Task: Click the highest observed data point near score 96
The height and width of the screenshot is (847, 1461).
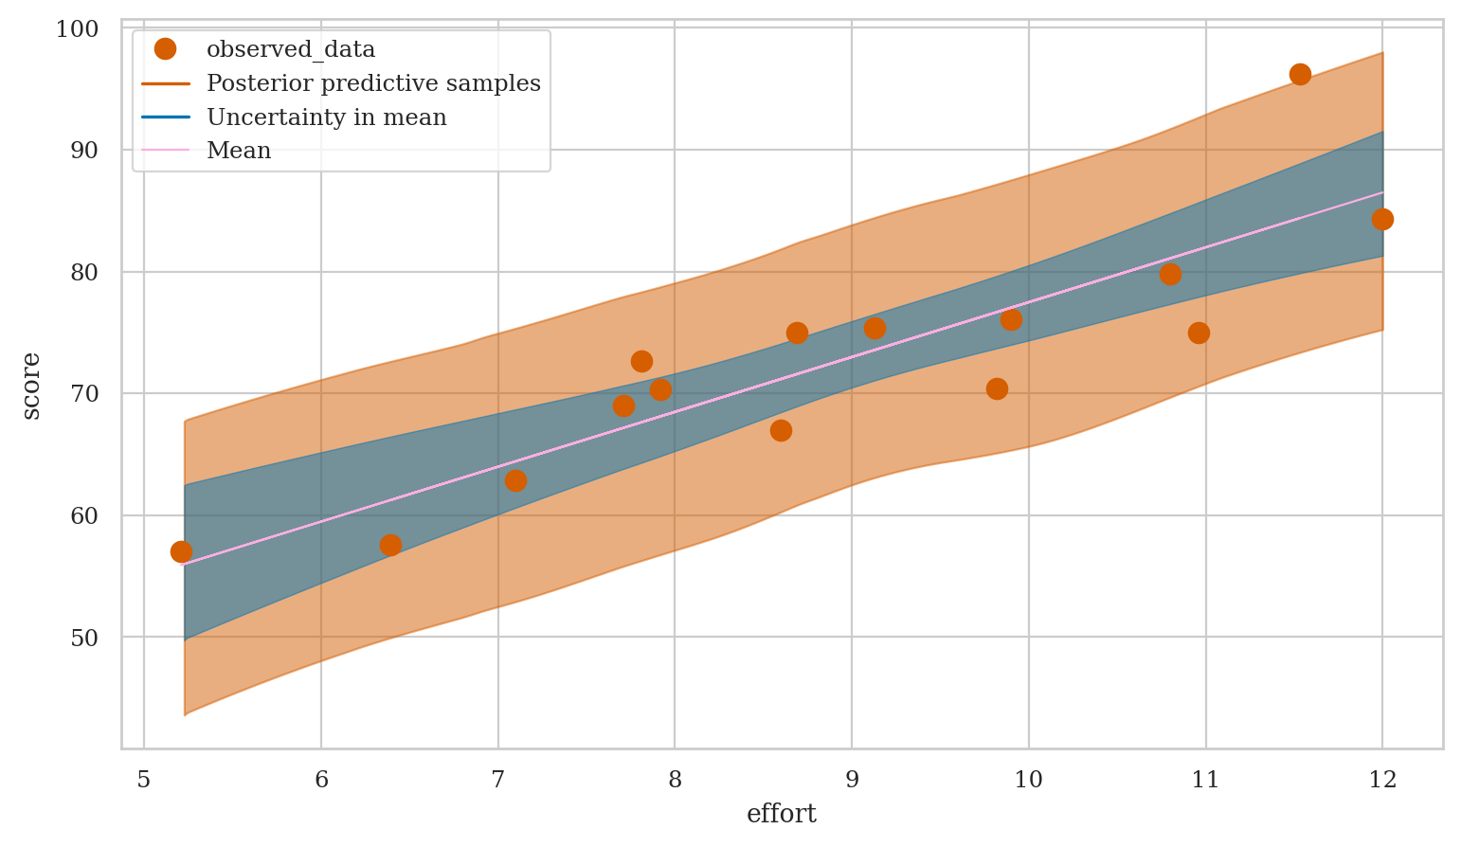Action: [1300, 74]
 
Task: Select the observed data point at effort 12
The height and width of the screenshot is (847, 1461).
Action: [1382, 219]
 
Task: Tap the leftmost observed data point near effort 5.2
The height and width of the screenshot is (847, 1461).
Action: [181, 551]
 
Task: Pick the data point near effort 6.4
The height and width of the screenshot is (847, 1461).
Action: [390, 545]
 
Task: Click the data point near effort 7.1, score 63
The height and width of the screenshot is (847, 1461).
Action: [515, 480]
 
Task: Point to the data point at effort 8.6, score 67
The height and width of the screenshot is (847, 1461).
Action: [781, 430]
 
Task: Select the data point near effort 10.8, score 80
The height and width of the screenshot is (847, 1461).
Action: [1170, 274]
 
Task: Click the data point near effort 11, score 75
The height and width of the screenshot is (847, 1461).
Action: [1199, 333]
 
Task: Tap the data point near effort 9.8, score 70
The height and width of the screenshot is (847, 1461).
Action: [997, 388]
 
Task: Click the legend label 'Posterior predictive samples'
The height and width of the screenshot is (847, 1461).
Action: [373, 83]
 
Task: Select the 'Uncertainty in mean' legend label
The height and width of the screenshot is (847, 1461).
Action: [326, 117]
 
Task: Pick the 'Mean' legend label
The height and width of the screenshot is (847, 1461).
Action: [239, 151]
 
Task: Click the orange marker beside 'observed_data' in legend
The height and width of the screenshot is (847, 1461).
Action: [166, 48]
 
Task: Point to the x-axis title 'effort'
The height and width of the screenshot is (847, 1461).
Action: [782, 814]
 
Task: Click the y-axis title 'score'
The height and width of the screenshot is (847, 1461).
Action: [31, 385]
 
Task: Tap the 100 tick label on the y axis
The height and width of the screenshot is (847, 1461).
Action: [77, 29]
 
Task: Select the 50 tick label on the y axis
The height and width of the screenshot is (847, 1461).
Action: [83, 637]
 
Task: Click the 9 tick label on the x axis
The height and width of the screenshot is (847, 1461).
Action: [852, 780]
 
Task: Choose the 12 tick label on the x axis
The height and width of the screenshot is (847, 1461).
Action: [1382, 780]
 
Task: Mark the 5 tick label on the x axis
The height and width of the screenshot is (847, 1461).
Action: [144, 780]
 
